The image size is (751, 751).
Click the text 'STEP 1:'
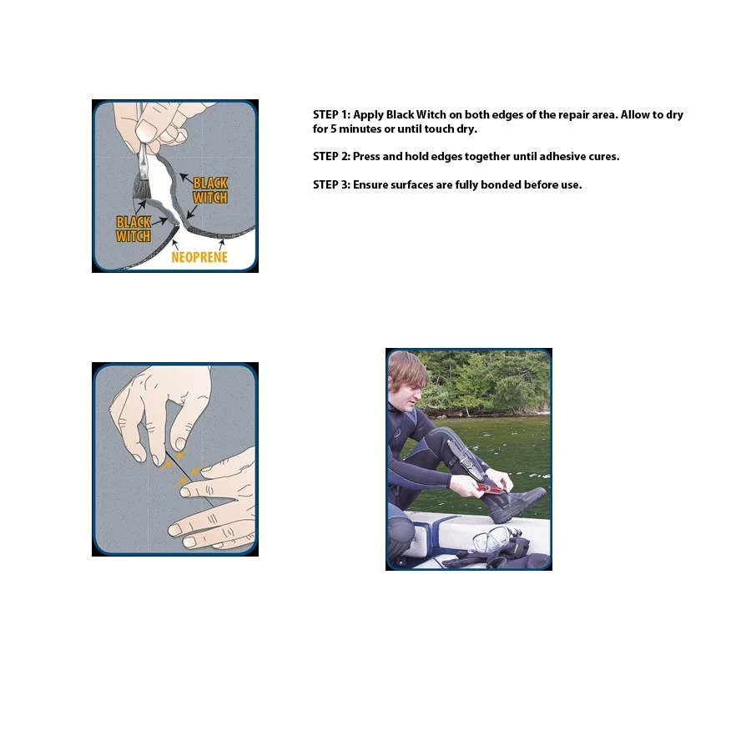(x=331, y=115)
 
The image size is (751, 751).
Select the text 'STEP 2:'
(x=331, y=157)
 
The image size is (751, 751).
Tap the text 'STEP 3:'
(x=331, y=185)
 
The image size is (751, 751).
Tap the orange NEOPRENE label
(x=199, y=257)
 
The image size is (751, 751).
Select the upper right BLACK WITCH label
(x=210, y=190)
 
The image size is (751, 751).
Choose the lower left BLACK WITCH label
(x=134, y=229)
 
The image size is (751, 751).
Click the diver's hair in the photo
(x=406, y=369)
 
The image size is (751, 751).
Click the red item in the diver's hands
(x=490, y=488)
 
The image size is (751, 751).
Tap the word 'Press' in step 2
(x=366, y=157)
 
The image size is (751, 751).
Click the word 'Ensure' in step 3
(x=370, y=185)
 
